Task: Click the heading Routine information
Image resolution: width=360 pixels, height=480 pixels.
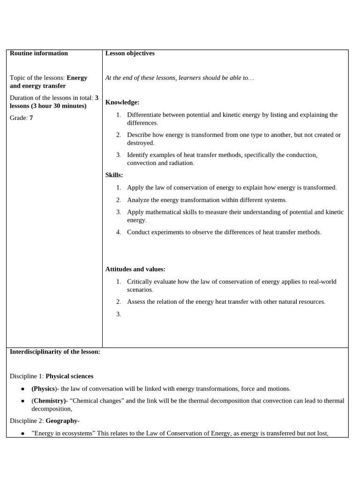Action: pyautogui.click(x=38, y=53)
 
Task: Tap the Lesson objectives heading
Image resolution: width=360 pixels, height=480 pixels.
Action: pyautogui.click(x=130, y=53)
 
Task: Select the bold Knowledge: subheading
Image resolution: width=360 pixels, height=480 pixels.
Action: pyautogui.click(x=122, y=102)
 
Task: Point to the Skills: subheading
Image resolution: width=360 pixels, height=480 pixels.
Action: pyautogui.click(x=114, y=175)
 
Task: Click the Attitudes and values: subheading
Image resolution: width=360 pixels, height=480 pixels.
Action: pyautogui.click(x=135, y=269)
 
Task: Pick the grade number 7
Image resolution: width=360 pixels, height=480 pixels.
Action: pyautogui.click(x=31, y=118)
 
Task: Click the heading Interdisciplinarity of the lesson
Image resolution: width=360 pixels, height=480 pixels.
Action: pyautogui.click(x=55, y=352)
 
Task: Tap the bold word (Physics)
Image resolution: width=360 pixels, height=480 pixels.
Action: pyautogui.click(x=43, y=389)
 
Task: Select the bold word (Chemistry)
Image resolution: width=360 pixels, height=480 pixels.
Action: pyautogui.click(x=49, y=401)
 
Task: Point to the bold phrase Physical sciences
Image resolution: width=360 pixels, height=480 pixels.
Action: pyautogui.click(x=69, y=376)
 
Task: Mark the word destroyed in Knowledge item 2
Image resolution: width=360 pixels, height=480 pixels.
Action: pyautogui.click(x=140, y=143)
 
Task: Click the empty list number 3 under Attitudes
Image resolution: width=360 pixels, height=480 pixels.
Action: pyautogui.click(x=119, y=314)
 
